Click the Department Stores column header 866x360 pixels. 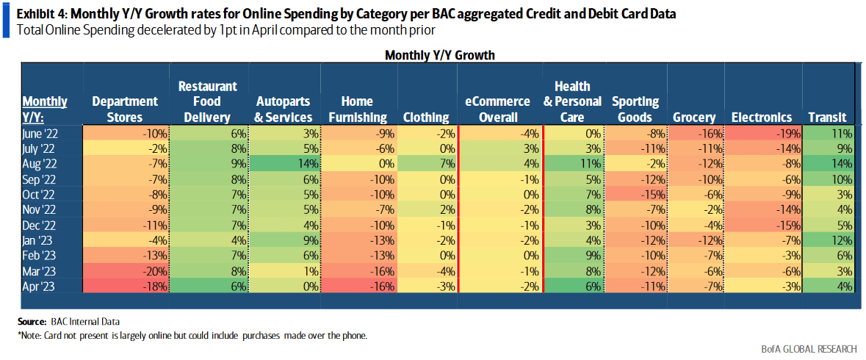[125, 109]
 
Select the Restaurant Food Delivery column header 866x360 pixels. [208, 101]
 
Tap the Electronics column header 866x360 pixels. [762, 117]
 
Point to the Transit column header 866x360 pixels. [827, 117]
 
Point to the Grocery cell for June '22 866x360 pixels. [694, 133]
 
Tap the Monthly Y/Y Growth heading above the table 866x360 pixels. [439, 55]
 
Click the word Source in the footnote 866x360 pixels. [32, 322]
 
